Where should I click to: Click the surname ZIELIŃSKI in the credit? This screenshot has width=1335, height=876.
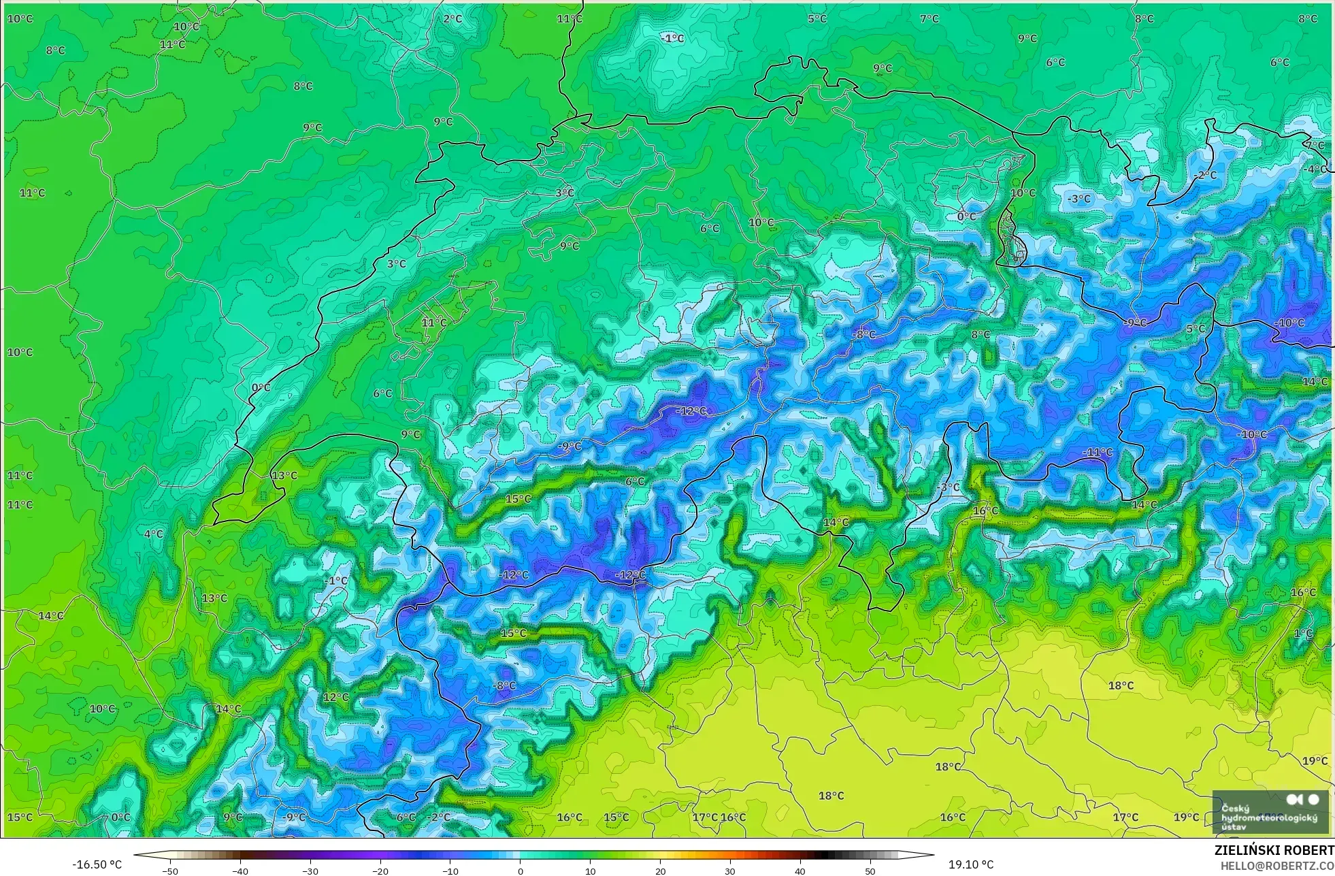[x=1247, y=851]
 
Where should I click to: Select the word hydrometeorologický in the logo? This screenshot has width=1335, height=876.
[x=1269, y=817]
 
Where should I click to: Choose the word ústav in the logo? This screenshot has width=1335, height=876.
[x=1234, y=827]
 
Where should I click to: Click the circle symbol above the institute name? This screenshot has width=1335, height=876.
[x=1313, y=800]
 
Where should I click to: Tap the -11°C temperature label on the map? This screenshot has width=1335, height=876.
[x=1098, y=452]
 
